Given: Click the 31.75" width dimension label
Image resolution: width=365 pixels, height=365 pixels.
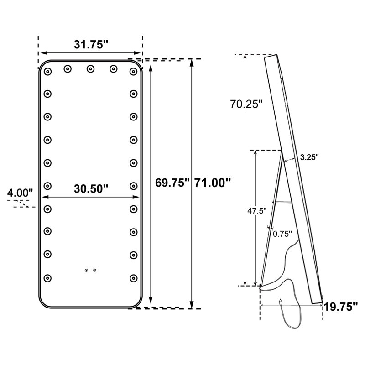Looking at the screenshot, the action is coord(91,44).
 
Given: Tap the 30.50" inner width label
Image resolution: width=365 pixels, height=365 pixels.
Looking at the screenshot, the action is coord(91,188).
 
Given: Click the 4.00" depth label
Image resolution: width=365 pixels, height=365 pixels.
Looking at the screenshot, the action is coord(20,193).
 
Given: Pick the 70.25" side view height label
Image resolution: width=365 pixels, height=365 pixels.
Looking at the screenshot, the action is coord(246,104).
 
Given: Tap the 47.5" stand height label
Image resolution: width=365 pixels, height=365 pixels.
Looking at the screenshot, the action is coord(257,211).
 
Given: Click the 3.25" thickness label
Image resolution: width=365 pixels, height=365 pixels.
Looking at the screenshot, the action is coord(309,157).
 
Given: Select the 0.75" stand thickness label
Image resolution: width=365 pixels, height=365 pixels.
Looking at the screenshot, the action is coord(282,234).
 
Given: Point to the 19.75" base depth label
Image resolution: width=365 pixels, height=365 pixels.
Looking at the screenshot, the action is coord(341,307).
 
